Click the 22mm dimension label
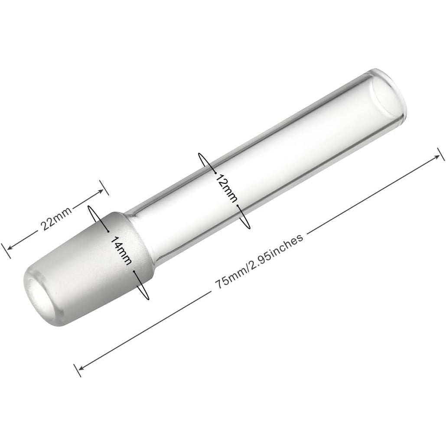(x=55, y=216)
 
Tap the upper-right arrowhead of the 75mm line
(x=437, y=156)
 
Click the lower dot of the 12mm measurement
(x=238, y=207)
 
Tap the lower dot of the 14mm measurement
(x=135, y=272)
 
